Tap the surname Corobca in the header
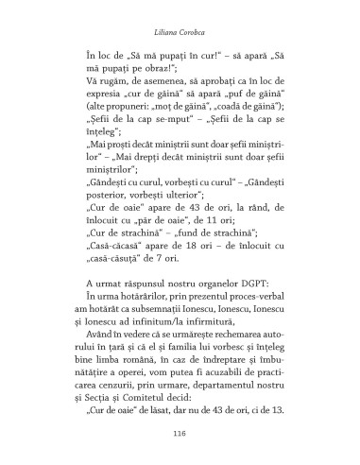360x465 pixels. click(x=197, y=16)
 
